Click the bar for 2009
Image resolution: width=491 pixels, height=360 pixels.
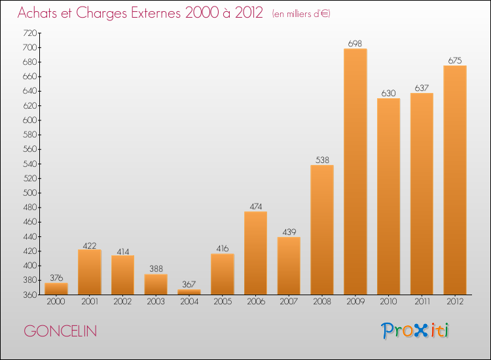tap(355, 171)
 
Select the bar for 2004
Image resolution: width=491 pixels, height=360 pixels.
tap(189, 292)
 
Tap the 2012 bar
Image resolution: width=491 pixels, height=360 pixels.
tap(455, 180)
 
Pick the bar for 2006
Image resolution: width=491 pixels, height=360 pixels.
tap(255, 253)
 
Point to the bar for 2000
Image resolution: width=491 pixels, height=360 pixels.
tap(56, 289)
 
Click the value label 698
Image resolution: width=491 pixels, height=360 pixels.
tap(355, 43)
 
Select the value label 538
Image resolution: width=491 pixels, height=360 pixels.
tap(322, 160)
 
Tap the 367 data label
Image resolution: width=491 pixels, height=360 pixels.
tap(189, 284)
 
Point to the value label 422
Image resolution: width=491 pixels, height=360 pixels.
tap(90, 245)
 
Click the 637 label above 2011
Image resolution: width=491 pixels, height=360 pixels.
tap(422, 88)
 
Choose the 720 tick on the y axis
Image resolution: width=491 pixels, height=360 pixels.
tap(29, 33)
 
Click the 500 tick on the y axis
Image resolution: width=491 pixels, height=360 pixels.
tap(29, 193)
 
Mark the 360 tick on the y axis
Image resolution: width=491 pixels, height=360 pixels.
tap(29, 295)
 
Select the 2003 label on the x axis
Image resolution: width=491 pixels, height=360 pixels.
tap(156, 301)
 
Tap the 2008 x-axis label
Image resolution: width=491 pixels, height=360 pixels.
tap(322, 301)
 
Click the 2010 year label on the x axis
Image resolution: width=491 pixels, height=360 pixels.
tap(389, 301)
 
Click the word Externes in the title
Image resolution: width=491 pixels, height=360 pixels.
tap(156, 12)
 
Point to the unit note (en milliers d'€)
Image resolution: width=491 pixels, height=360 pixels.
tap(301, 14)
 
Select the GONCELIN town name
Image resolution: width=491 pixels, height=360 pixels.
tap(60, 331)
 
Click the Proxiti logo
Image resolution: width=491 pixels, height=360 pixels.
tap(415, 331)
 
